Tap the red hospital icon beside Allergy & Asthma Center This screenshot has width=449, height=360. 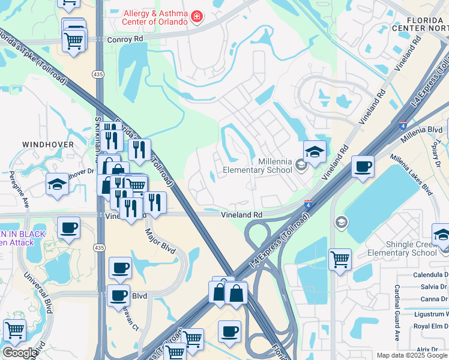pos(196,17)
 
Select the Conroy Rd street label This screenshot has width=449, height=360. pos(127,39)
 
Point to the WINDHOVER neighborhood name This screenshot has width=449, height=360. pos(48,145)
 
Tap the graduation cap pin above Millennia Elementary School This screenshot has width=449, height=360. pos(315,152)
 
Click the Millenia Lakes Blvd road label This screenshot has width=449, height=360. pos(411,175)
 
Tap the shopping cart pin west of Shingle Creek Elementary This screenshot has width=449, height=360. pos(340,259)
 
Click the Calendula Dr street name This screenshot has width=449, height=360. pos(430,275)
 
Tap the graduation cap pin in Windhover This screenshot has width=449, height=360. pos(57,184)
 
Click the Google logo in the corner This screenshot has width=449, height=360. pos(20,353)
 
